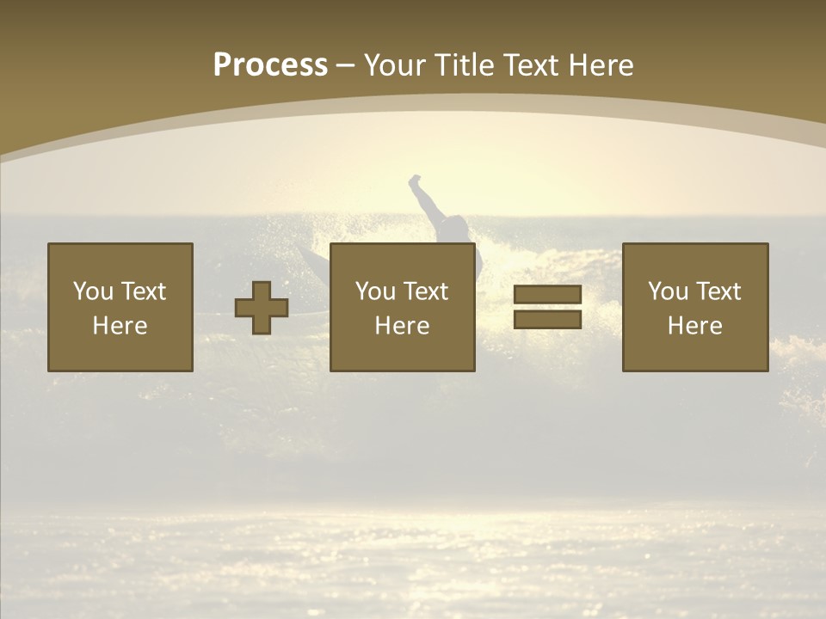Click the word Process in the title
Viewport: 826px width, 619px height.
(x=270, y=65)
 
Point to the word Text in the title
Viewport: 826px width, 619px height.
(x=529, y=65)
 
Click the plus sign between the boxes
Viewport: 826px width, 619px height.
(x=262, y=308)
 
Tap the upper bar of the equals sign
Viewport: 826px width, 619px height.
(x=547, y=295)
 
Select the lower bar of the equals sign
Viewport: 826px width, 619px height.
(x=547, y=319)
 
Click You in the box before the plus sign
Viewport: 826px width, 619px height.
(x=93, y=291)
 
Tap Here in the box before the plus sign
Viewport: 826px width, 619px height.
(x=120, y=326)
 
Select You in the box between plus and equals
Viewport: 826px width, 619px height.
(x=375, y=291)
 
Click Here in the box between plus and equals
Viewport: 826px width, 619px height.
(x=402, y=326)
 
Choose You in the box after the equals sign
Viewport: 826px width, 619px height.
(x=668, y=291)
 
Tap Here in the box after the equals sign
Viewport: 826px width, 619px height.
(x=694, y=326)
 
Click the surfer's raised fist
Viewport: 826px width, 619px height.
(x=415, y=181)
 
